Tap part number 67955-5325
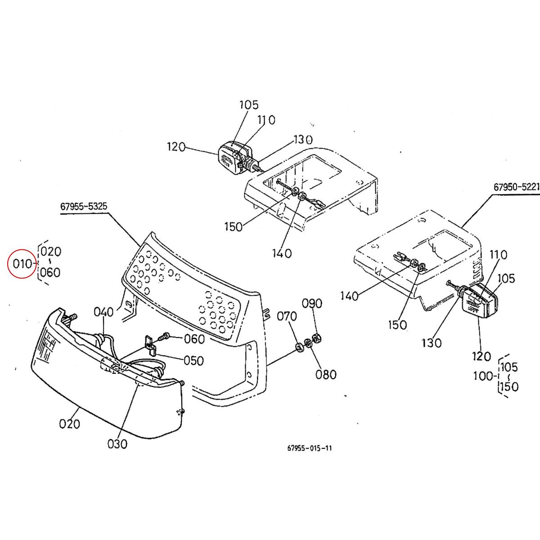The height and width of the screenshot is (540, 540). tap(84, 207)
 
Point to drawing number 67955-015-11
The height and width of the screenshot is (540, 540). tap(310, 448)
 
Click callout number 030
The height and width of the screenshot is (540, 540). tap(117, 444)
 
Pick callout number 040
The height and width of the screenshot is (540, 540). tap(104, 311)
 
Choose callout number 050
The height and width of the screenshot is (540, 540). tap(193, 360)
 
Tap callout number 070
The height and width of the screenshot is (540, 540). tap(287, 316)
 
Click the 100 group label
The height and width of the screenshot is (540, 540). tap(484, 376)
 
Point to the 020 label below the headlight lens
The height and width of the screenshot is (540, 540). tap(69, 423)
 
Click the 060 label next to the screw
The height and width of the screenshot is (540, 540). tap(194, 339)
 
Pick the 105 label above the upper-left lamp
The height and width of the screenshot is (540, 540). tap(249, 105)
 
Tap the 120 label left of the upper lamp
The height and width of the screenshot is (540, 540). tap(176, 147)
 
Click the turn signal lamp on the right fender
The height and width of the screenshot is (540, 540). tap(480, 299)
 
